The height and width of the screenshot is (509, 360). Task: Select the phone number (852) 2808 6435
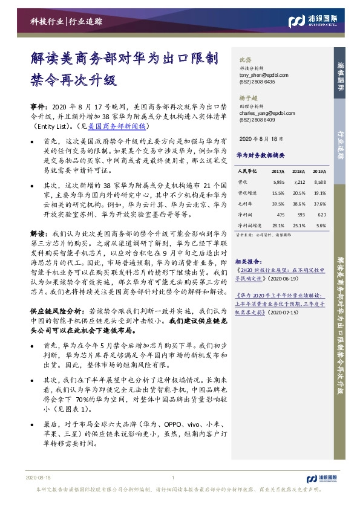pyautogui.click(x=258, y=82)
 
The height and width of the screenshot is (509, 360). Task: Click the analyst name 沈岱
pyautogui.click(x=245, y=60)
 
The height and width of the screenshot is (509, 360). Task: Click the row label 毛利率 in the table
pyautogui.click(x=245, y=204)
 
